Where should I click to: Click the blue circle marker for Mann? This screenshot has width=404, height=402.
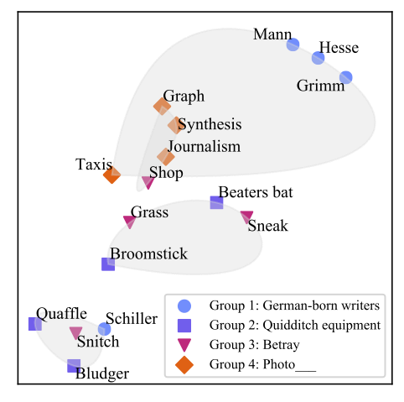pyautogui.click(x=293, y=44)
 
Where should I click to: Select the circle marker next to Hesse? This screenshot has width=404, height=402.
pyautogui.click(x=318, y=58)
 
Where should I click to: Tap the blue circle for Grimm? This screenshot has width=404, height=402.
pyautogui.click(x=346, y=77)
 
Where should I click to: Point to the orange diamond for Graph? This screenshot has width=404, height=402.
pyautogui.click(x=162, y=107)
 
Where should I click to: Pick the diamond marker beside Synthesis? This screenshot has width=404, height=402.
pyautogui.click(x=175, y=125)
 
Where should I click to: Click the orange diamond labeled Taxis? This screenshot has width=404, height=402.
pyautogui.click(x=111, y=175)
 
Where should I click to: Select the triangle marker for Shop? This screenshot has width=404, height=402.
pyautogui.click(x=148, y=182)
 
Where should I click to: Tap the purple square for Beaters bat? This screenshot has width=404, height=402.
pyautogui.click(x=216, y=202)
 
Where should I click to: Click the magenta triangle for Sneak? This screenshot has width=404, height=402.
pyautogui.click(x=246, y=217)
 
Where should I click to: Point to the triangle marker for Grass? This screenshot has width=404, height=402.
pyautogui.click(x=130, y=222)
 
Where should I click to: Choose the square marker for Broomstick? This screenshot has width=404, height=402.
pyautogui.click(x=108, y=264)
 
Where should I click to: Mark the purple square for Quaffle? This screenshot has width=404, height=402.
pyautogui.click(x=35, y=324)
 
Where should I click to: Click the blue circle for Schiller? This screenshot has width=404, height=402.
pyautogui.click(x=105, y=329)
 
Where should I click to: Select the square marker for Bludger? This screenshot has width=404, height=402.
pyautogui.click(x=74, y=366)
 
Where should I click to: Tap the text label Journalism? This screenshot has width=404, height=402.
pyautogui.click(x=205, y=146)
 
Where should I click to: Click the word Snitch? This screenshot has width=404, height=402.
pyautogui.click(x=98, y=342)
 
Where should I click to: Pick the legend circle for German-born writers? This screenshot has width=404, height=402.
pyautogui.click(x=184, y=305)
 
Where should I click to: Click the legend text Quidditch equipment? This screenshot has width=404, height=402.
pyautogui.click(x=322, y=325)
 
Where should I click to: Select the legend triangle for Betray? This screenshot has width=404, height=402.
pyautogui.click(x=184, y=345)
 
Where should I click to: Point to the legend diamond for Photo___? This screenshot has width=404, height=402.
pyautogui.click(x=184, y=365)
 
